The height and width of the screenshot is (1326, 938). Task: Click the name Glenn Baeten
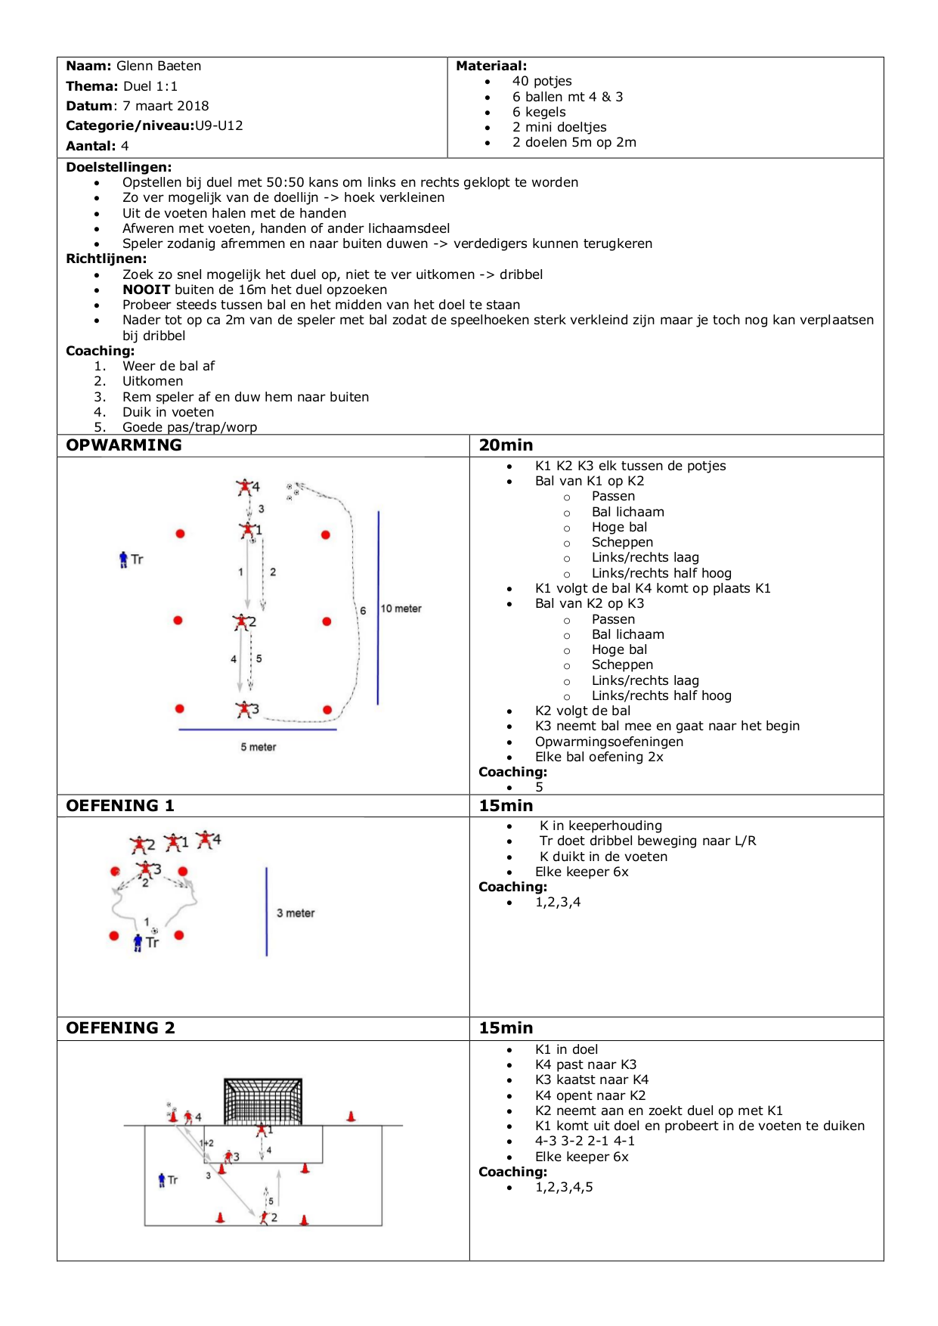[x=159, y=66]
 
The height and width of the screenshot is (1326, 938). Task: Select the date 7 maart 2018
[x=166, y=106]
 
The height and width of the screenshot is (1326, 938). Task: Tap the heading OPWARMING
[x=124, y=445]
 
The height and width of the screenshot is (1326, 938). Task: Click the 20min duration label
[x=506, y=445]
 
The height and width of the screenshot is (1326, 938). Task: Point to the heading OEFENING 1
[x=120, y=806]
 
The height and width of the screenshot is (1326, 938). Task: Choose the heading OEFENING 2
[x=120, y=1028]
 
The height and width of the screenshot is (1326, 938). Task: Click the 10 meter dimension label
[x=401, y=609]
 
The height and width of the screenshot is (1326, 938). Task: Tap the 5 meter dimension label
[x=258, y=747]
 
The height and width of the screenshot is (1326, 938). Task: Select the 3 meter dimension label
[x=296, y=913]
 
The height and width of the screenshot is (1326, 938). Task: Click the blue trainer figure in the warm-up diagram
[x=123, y=559]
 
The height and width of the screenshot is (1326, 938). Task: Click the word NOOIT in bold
[x=147, y=290]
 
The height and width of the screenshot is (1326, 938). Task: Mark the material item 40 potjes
[x=542, y=81]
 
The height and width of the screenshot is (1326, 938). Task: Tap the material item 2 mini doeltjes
[x=559, y=127]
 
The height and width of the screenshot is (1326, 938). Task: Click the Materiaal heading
[x=491, y=66]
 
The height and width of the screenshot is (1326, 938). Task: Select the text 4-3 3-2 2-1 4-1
[x=585, y=1141]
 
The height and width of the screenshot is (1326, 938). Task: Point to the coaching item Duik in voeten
[x=168, y=412]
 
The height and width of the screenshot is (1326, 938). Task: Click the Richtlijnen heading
[x=106, y=259]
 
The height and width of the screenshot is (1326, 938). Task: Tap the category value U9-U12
[x=219, y=125]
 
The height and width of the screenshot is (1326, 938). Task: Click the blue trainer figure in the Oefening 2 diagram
[x=162, y=1179]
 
